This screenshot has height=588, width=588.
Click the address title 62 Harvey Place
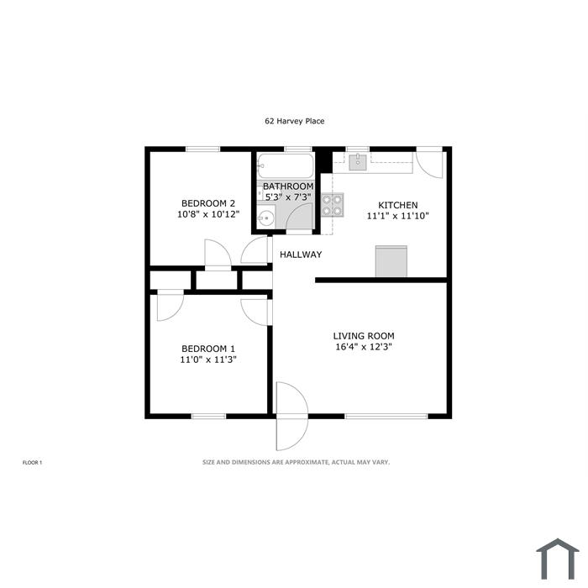[x=294, y=121]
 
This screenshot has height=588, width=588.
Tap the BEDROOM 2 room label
[x=208, y=203]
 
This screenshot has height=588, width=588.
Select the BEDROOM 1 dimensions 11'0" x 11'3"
[x=208, y=360]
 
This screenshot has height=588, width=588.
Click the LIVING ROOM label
[x=364, y=336]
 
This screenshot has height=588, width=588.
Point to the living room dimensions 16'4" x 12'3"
[x=364, y=346]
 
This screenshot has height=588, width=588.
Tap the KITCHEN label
[x=398, y=205]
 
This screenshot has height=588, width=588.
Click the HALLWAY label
[x=301, y=255]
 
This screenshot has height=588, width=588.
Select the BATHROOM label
[x=288, y=186]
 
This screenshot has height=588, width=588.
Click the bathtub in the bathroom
[x=285, y=165]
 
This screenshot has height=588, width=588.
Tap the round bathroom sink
[x=266, y=218]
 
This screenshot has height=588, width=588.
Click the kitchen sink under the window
[x=358, y=162]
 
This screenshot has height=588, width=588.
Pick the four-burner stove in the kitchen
[x=333, y=205]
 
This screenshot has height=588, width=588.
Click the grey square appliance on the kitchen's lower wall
[x=391, y=261]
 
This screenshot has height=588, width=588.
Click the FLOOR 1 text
[x=32, y=463]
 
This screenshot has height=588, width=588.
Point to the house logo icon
[x=558, y=559]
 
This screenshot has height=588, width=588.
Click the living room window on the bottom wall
[x=386, y=416]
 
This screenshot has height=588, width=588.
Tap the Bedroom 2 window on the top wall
[x=203, y=149]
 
